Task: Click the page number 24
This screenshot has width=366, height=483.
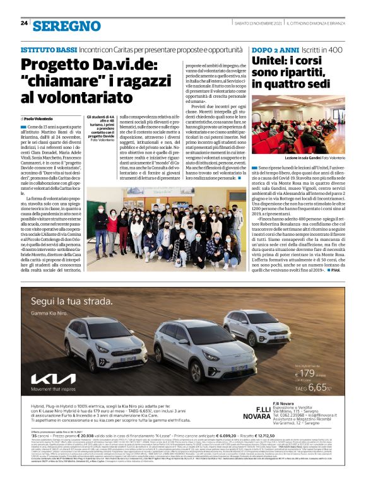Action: [24, 23]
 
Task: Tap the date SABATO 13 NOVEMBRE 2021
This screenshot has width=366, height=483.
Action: [252, 24]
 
